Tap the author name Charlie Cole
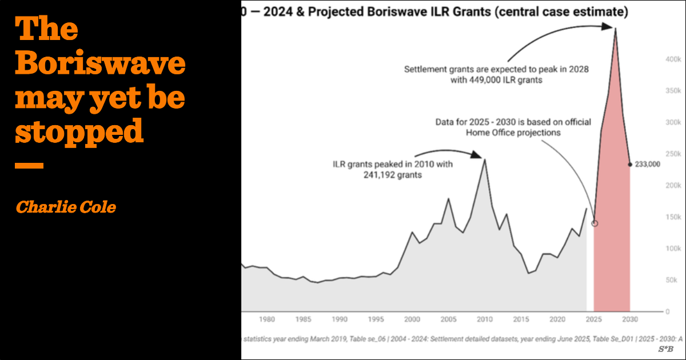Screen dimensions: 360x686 pyautogui.click(x=66, y=207)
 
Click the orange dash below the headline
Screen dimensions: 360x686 pyautogui.click(x=29, y=166)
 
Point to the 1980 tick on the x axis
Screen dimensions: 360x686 pyautogui.click(x=267, y=319)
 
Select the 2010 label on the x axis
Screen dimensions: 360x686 pyautogui.click(x=485, y=319)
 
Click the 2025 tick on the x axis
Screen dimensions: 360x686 pyautogui.click(x=594, y=319)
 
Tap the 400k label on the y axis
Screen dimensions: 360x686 pyautogui.click(x=672, y=59)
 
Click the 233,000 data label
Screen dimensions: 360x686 pyautogui.click(x=648, y=165)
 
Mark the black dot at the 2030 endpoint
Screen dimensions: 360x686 pyautogui.click(x=630, y=165)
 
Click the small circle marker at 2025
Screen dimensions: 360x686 pyautogui.click(x=594, y=223)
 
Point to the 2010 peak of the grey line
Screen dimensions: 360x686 pyautogui.click(x=485, y=159)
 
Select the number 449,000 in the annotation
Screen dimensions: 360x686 pyautogui.click(x=480, y=81)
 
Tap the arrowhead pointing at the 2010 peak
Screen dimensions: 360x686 pyautogui.click(x=477, y=154)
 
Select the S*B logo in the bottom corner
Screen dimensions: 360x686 pyautogui.click(x=665, y=349)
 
